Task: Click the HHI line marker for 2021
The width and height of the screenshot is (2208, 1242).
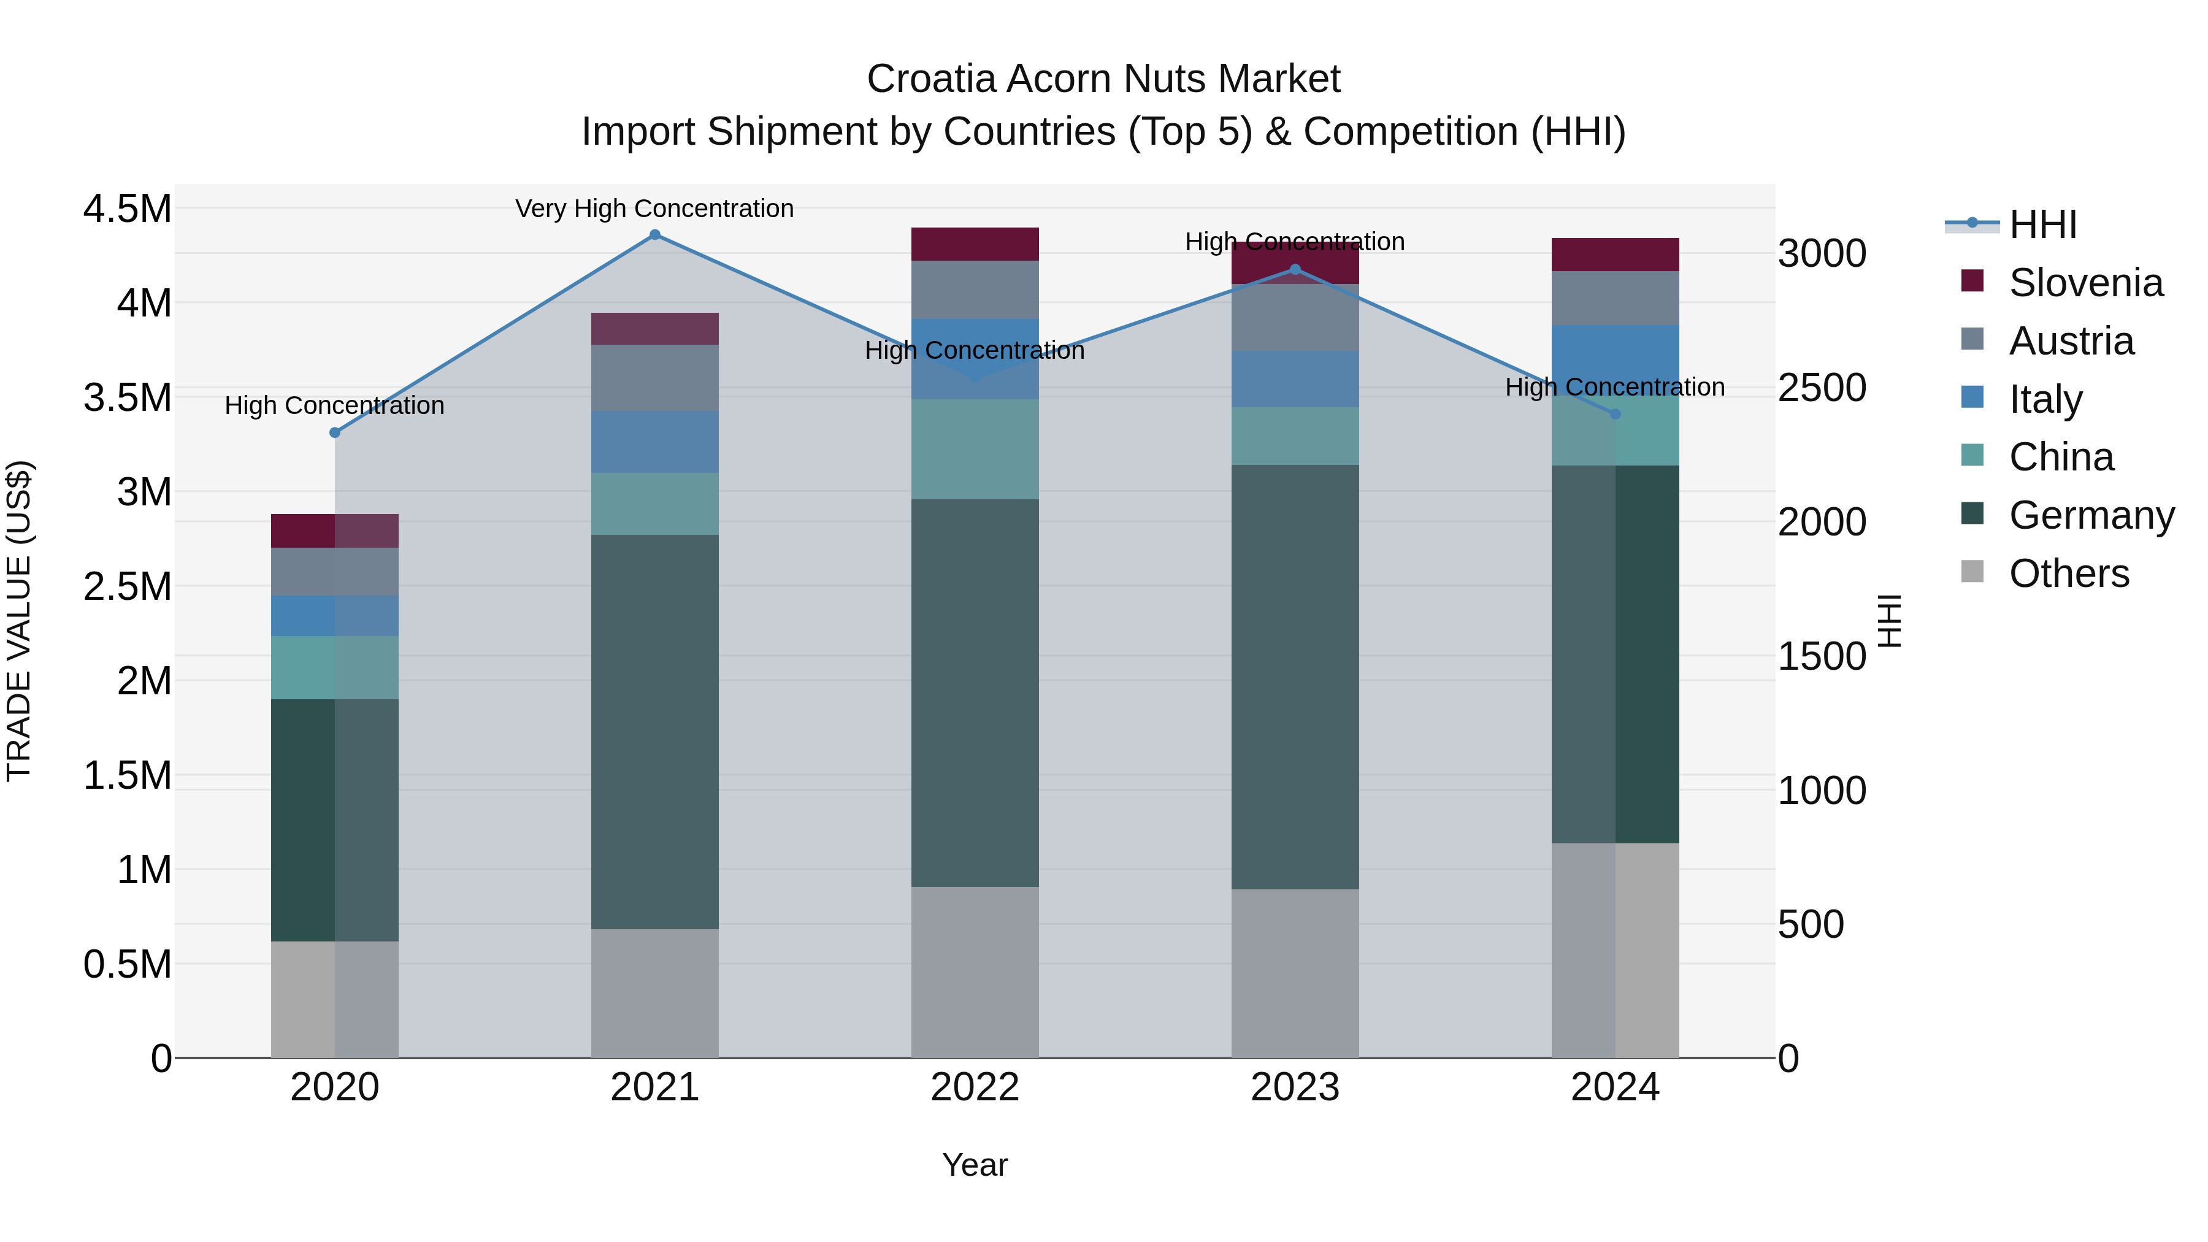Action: (x=655, y=235)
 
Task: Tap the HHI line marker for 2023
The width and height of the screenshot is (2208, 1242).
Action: (x=1295, y=270)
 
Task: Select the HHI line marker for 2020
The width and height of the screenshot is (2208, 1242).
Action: (x=335, y=433)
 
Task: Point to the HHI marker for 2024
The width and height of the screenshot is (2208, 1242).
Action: (x=1615, y=414)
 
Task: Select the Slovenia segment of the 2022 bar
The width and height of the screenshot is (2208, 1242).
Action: (x=975, y=244)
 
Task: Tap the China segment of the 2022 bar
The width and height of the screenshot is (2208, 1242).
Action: (x=975, y=449)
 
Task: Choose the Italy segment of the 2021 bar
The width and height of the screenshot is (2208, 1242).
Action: (x=655, y=442)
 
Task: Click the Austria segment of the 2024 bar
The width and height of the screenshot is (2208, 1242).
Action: (x=1615, y=298)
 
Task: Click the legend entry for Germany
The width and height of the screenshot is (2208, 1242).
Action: (x=2091, y=515)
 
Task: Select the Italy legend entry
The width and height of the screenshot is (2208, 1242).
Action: (x=2044, y=399)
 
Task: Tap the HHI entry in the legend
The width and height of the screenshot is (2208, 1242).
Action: (x=2042, y=224)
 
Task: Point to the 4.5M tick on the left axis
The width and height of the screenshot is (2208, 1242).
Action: (x=127, y=209)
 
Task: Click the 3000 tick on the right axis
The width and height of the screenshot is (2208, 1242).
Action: (x=1822, y=254)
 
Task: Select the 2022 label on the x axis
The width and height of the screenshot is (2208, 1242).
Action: (x=975, y=1087)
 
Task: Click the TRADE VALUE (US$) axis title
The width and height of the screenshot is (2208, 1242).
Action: (x=19, y=621)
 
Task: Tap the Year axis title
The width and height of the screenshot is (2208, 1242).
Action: (x=975, y=1165)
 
